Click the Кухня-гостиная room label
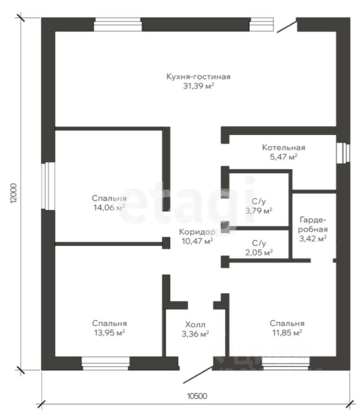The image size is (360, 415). [197, 77]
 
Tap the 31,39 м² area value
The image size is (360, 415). [197, 86]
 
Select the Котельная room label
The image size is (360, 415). [283, 148]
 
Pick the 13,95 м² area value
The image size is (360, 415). [109, 333]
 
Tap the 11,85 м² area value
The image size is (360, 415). [287, 333]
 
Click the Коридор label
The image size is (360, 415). [197, 232]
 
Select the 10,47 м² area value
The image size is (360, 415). [197, 241]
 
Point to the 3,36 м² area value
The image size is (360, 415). [195, 333]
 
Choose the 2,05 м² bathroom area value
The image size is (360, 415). [259, 252]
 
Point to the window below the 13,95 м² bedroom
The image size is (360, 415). [105, 363]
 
